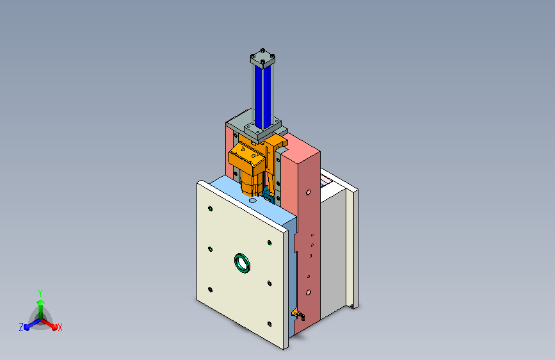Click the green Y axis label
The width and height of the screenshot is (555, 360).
[x=40, y=293]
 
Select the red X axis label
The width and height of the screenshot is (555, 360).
[x=60, y=327]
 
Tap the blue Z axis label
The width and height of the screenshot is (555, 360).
[x=21, y=327]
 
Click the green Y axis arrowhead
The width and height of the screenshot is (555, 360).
[x=41, y=302]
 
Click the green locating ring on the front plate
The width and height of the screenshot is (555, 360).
[x=243, y=263]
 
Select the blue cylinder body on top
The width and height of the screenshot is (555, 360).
[x=262, y=97]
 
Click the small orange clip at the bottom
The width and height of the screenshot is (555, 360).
[x=298, y=314]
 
